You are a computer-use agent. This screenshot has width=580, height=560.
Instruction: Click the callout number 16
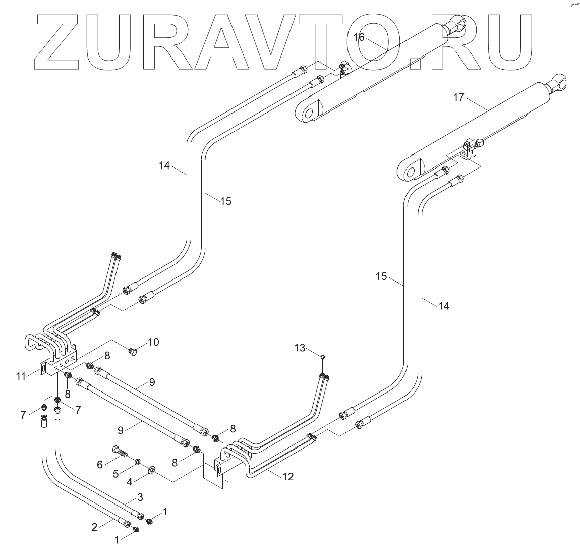coord(358,37)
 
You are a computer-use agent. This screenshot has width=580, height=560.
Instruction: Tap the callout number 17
coord(458,97)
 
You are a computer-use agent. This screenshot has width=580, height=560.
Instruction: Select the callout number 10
coord(153,342)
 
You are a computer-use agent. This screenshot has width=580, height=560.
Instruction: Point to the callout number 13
coord(300,348)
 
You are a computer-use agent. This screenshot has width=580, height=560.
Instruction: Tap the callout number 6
coord(100,464)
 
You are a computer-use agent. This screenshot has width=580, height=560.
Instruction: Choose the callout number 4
coord(129,481)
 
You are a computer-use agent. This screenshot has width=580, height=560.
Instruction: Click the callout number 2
coord(94,527)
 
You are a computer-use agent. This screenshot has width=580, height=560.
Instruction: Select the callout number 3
coord(140,497)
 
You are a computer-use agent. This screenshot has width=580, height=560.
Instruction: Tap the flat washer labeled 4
coord(151,471)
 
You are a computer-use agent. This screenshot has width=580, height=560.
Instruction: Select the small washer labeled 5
coord(137,462)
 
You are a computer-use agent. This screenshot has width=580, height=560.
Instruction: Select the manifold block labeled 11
coord(60,362)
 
